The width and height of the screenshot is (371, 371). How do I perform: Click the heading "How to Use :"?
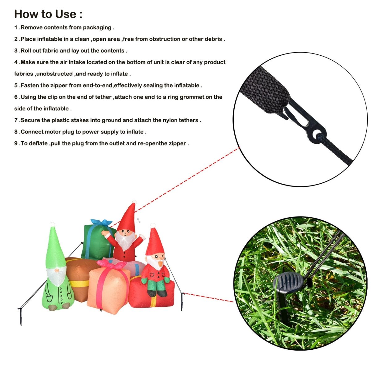coord(48,14)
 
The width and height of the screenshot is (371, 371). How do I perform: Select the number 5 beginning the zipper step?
coord(16,85)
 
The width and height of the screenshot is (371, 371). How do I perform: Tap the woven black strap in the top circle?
coord(266,88)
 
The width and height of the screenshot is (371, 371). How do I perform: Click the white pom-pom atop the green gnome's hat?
coord(52,224)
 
